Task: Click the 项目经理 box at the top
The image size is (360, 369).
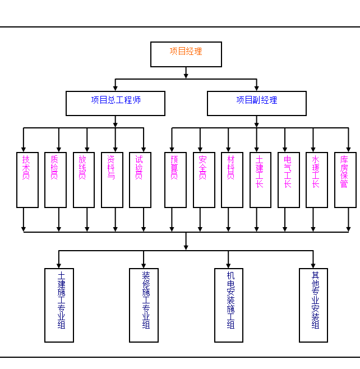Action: coord(186,54)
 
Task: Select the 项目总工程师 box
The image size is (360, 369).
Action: coord(116,103)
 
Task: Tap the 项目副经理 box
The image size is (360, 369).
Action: coord(257,103)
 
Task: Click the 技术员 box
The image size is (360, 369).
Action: coord(27,179)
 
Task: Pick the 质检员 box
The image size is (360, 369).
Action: coord(56,179)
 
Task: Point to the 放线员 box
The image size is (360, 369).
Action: coord(84,179)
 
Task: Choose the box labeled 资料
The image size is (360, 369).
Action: coord(112,179)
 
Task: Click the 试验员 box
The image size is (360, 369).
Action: coord(140,179)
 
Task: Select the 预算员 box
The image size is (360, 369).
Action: coord(176,179)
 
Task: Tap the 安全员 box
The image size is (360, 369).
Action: coord(204,179)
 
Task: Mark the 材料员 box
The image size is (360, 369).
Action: coord(232,179)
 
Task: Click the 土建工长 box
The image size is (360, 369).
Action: coord(260,179)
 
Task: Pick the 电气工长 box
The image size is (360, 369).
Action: coord(289,179)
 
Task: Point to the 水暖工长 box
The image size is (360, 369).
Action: coord(317,179)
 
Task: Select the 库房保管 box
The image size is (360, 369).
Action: coord(345,179)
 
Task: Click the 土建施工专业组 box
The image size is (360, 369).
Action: coord(59,305)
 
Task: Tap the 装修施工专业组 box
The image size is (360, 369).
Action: coord(144,305)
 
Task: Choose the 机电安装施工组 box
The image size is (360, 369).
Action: coord(229,305)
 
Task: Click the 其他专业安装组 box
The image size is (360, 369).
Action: coord(313,305)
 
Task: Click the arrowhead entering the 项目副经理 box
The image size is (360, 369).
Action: coord(257,88)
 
